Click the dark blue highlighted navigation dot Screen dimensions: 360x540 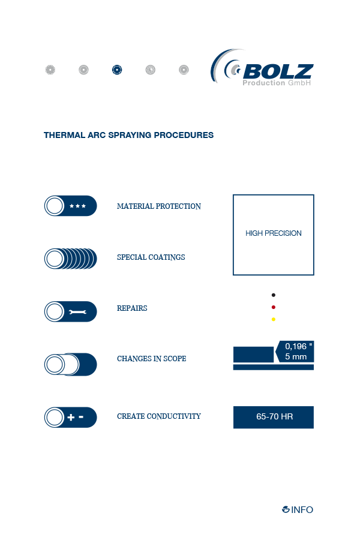[x=117, y=70]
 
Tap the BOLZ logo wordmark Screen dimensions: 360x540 [x=278, y=71]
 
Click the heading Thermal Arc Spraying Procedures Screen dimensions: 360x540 [x=128, y=135]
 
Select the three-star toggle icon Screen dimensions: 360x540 [x=71, y=206]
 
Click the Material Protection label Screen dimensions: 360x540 [x=159, y=206]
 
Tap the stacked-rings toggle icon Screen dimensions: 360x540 [x=71, y=259]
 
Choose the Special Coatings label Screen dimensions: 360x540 [x=151, y=257]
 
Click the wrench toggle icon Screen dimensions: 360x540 [x=71, y=311]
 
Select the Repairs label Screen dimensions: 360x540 [x=132, y=308]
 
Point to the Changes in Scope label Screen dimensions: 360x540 [x=152, y=359]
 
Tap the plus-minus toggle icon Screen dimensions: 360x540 [x=71, y=418]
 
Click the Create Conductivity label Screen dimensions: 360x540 [x=159, y=416]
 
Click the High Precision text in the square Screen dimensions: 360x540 [x=274, y=233]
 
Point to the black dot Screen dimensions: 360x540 [x=274, y=295]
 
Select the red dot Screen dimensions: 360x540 [x=274, y=307]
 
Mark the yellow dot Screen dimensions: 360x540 [x=274, y=319]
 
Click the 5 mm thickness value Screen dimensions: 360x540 [x=296, y=357]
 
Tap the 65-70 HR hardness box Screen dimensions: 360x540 [x=274, y=418]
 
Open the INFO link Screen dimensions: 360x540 [x=298, y=509]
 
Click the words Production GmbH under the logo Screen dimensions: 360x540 [x=277, y=83]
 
